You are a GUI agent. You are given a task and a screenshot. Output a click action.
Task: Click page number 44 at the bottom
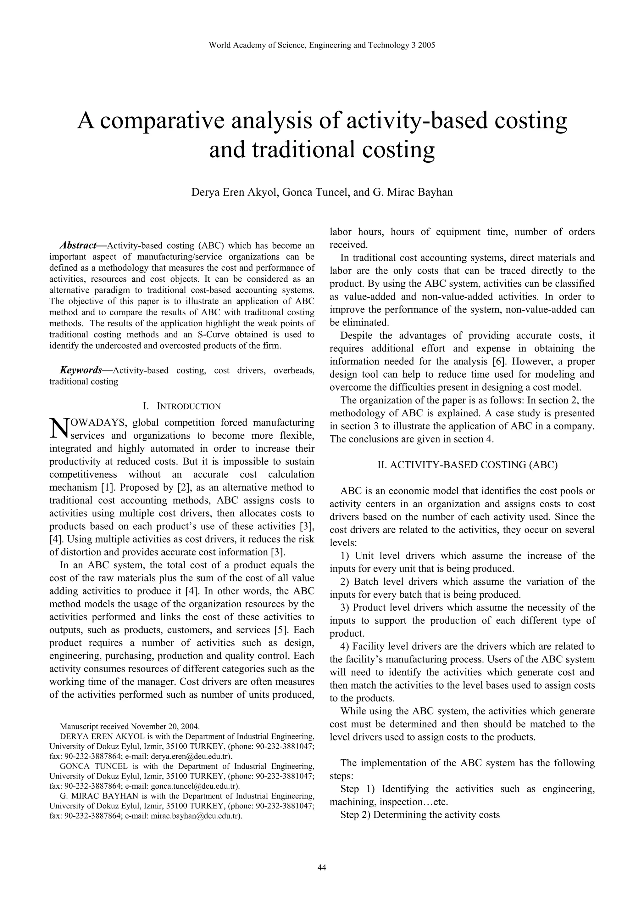point(322,868)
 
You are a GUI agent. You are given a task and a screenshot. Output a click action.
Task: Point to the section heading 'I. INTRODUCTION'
point(182,406)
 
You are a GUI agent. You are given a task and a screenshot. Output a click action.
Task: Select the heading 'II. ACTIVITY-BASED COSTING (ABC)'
point(462,465)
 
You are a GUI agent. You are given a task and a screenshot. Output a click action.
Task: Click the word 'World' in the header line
point(218,45)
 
